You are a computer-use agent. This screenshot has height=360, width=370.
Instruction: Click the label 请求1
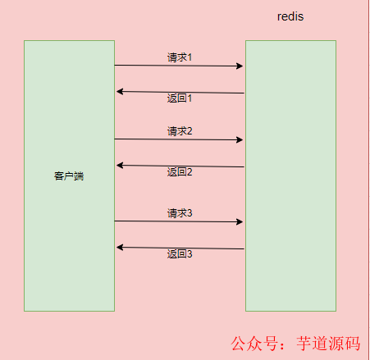pos(180,57)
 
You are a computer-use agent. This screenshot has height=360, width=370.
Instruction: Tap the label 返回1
pos(179,98)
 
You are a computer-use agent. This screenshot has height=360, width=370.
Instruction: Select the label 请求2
pos(180,131)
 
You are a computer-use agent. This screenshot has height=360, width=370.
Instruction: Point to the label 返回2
pos(179,172)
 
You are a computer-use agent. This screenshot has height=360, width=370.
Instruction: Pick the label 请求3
pos(180,213)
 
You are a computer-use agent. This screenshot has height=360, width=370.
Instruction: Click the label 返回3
pos(179,254)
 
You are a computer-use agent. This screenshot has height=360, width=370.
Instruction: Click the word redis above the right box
pos(291,17)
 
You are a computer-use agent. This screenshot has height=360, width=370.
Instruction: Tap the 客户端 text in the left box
pos(69,175)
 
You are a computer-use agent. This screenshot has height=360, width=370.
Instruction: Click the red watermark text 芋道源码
pos(326,343)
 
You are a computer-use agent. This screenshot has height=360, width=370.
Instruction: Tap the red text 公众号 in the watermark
pos(250,343)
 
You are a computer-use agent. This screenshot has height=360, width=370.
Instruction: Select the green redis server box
pos(290,175)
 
